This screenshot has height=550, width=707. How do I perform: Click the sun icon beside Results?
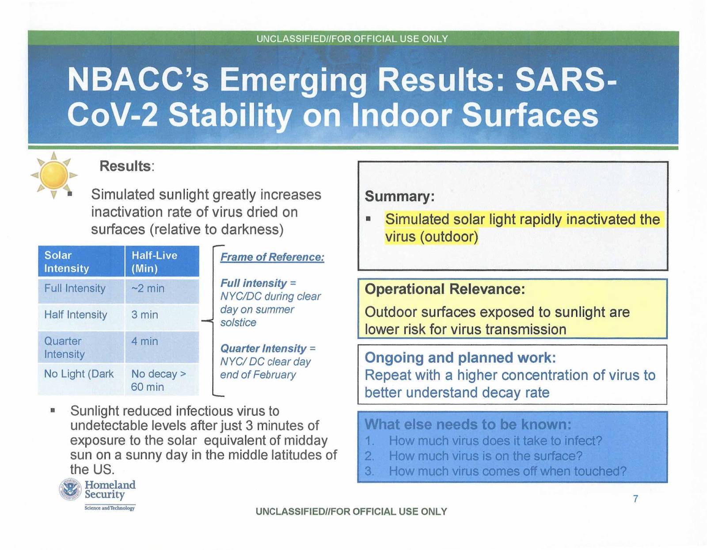pos(54,175)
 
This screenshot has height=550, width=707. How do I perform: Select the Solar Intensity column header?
pos(81,262)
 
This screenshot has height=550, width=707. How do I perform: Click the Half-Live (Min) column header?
pos(162,262)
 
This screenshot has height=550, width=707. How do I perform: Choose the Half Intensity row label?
pos(76,315)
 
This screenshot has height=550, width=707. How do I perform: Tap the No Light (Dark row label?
pos(79,374)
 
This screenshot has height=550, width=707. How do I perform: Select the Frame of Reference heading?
pos(272,257)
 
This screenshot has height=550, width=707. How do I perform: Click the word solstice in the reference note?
pos(238,322)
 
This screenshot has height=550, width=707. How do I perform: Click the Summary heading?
pos(399,196)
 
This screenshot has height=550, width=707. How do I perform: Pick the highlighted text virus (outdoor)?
pos(431,236)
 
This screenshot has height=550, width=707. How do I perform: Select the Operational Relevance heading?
pos(445,289)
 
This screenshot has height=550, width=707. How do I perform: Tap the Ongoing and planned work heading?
pos(460,358)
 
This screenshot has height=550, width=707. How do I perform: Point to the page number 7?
pos(635,499)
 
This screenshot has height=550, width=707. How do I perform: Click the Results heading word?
pos(125,166)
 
